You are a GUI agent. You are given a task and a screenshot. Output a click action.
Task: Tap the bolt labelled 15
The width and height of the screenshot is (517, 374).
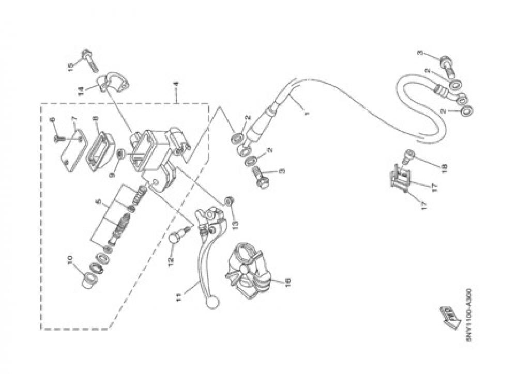coord(89,59)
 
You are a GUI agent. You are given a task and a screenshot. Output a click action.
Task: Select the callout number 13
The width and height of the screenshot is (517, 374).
coord(235,224)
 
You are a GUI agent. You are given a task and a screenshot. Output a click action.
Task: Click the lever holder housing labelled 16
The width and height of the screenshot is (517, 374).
coord(247,271)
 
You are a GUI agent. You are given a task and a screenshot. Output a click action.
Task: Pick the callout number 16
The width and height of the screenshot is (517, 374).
coord(287,282)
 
